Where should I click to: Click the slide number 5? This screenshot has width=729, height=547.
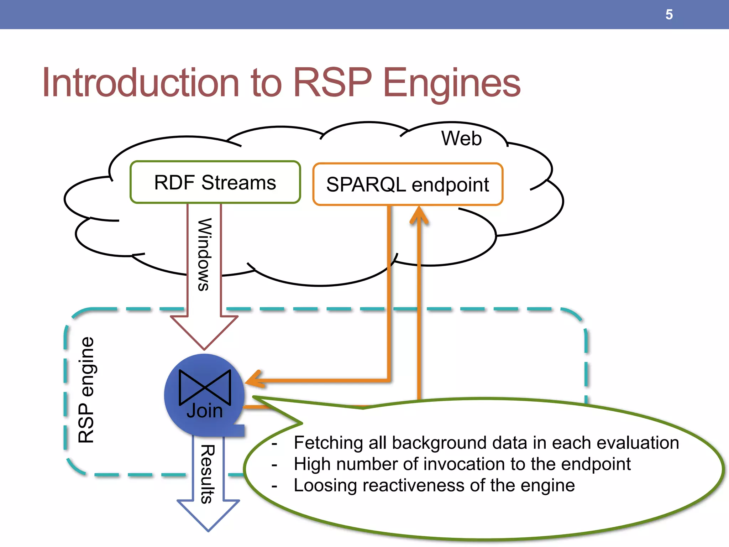[x=669, y=15]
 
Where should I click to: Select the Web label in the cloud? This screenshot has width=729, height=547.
[x=461, y=138]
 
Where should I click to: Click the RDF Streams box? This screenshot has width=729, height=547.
[x=215, y=182]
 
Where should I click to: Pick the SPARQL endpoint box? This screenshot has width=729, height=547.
[x=408, y=184]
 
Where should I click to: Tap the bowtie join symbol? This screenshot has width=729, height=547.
[x=205, y=387]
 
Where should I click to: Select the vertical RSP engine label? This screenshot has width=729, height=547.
[x=86, y=390]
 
